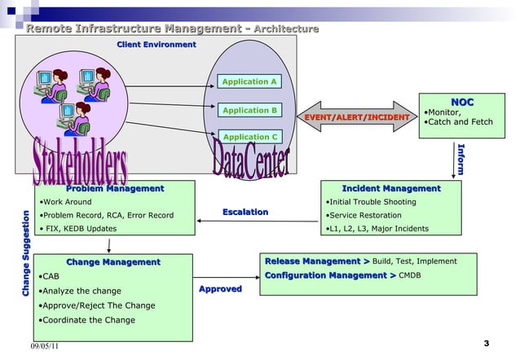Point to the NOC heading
(x=463, y=102)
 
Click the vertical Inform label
(x=461, y=160)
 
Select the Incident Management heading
(x=391, y=189)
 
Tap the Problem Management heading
(x=115, y=189)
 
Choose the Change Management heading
(x=113, y=262)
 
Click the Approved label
(x=220, y=289)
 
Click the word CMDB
(x=410, y=276)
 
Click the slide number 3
(x=486, y=343)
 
